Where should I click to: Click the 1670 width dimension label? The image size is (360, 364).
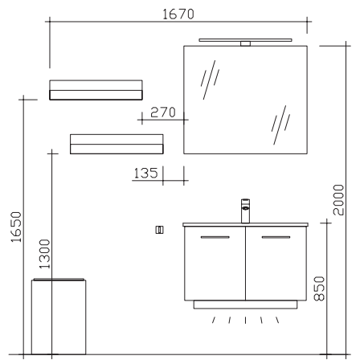[178, 14]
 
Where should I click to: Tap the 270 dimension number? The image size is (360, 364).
[163, 112]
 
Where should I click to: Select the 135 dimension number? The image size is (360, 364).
[145, 173]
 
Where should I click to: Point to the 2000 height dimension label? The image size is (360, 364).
[338, 200]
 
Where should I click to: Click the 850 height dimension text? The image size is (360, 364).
[319, 288]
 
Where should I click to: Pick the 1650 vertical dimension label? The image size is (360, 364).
[16, 227]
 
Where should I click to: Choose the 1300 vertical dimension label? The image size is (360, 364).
[45, 254]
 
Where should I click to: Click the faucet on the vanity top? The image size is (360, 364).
[245, 211]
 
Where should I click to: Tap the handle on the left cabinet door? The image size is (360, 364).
[215, 237]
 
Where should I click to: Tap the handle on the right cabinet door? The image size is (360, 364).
[276, 237]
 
